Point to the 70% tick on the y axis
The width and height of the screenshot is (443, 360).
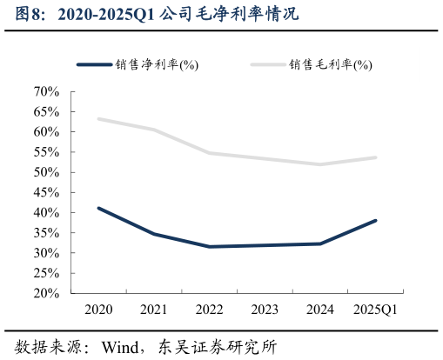coord(44,91)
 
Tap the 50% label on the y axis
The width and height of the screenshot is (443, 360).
coord(44,172)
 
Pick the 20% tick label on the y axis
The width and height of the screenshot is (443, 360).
coord(44,294)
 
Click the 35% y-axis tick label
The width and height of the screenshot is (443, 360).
coord(44,233)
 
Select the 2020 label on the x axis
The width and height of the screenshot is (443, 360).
coord(98,309)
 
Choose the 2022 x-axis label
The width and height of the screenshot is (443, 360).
coord(209,309)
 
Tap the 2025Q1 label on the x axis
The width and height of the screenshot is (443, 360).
coord(376,309)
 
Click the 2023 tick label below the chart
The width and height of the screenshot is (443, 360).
coord(265,309)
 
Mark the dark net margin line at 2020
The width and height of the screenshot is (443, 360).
coord(98,208)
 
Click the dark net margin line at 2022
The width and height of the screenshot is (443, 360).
coord(209,247)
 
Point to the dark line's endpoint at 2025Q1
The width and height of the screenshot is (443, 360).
coord(376,220)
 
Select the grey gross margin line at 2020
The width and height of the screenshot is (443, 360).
coord(98,118)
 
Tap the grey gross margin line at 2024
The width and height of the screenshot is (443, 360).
coord(320,164)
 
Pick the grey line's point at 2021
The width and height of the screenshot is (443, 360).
coord(154,130)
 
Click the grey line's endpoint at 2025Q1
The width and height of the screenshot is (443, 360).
coord(376,157)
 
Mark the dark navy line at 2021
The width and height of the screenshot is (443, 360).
coord(154,234)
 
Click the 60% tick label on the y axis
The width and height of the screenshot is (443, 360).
coord(44,132)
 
